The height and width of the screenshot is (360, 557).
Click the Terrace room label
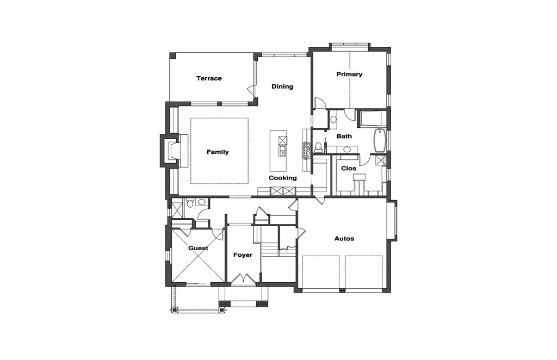coord(209,78)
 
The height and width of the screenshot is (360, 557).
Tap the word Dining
coord(282,86)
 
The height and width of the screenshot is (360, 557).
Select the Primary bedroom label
coord(349,74)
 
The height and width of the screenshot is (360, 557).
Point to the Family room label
coord(218,152)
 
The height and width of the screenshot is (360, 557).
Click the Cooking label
coord(283,178)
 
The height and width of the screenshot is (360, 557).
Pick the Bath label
coord(344,136)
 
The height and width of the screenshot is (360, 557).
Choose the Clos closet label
coord(349,169)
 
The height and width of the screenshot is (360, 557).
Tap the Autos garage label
coord(344,239)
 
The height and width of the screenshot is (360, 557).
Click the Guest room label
coord(199,249)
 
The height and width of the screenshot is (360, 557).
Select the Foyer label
coord(243,255)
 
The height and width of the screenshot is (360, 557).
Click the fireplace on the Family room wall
coord(170,151)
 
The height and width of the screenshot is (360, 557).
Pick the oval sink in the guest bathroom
coord(201,202)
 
